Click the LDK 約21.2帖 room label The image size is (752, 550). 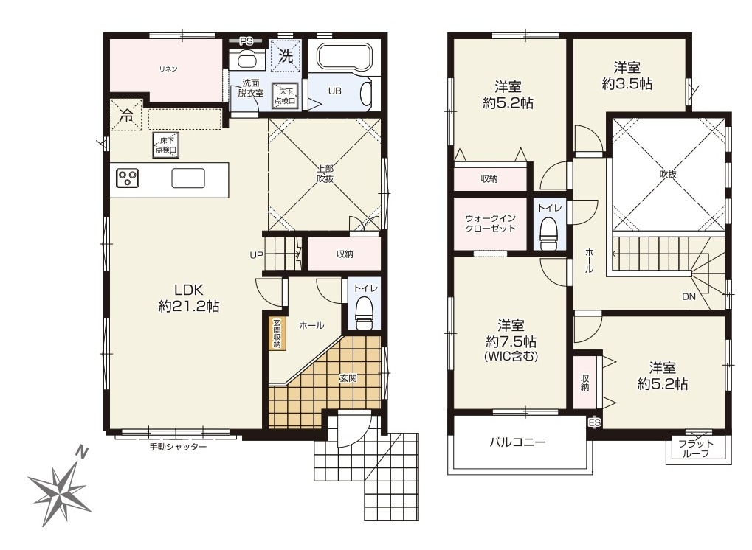click(x=189, y=296)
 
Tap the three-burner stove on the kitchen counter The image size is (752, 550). click(x=127, y=178)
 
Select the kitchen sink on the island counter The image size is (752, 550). click(x=188, y=178)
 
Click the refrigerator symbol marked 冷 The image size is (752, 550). click(x=127, y=116)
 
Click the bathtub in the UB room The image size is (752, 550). click(x=345, y=58)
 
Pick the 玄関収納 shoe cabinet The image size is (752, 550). click(x=277, y=333)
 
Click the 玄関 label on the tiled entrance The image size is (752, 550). click(x=348, y=378)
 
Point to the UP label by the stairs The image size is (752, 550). click(x=256, y=255)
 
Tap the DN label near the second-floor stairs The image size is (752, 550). click(x=687, y=297)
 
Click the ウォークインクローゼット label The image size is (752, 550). click(x=490, y=223)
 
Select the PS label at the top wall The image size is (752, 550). click(x=246, y=41)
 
